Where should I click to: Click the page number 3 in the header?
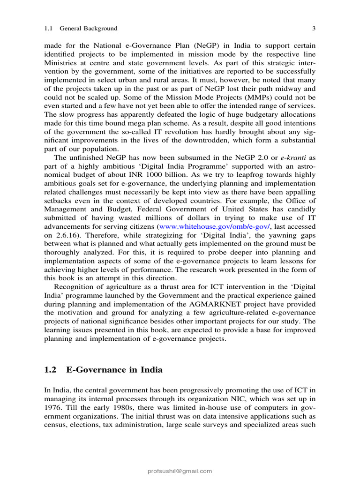click(x=314, y=29)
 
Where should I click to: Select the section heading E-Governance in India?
click(x=114, y=370)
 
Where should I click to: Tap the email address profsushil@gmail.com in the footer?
click(x=180, y=471)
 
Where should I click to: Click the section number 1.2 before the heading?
click(x=51, y=370)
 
